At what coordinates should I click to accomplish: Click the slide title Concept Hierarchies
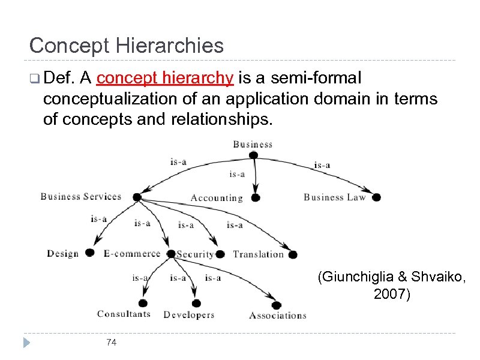[126, 46]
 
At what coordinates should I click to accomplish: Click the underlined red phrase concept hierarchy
[165, 78]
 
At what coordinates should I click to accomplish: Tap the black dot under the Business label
[253, 155]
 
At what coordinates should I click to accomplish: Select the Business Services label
[80, 196]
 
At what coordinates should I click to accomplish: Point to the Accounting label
[217, 198]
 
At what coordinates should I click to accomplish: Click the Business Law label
[334, 197]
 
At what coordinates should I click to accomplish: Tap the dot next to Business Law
[377, 196]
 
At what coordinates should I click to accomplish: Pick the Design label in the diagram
[62, 254]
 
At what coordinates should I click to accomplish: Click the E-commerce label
[132, 254]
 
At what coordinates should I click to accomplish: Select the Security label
[195, 254]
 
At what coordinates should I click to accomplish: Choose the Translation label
[258, 254]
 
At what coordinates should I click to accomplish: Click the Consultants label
[124, 314]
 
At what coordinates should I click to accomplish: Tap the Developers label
[188, 315]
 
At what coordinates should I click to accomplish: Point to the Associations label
[278, 316]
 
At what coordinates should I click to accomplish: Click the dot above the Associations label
[277, 304]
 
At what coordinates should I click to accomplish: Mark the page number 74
[111, 343]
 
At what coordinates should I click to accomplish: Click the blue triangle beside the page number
[26, 343]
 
